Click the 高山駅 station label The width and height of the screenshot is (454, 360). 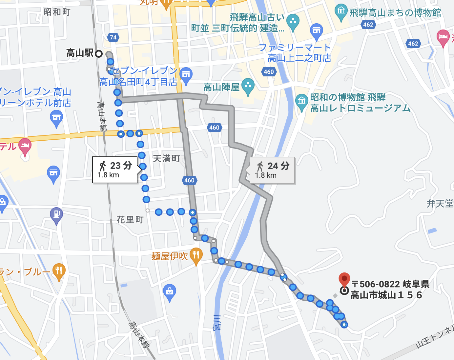pyautogui.click(x=80, y=53)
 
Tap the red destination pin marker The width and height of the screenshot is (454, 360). pyautogui.click(x=344, y=280)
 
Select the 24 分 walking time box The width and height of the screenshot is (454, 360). pyautogui.click(x=272, y=170)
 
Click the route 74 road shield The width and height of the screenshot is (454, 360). pyautogui.click(x=113, y=37)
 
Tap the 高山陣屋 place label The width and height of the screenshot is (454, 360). pyautogui.click(x=221, y=87)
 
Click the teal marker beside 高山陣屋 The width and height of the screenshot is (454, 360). pyautogui.click(x=248, y=86)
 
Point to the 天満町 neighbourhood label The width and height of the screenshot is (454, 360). pyautogui.click(x=166, y=159)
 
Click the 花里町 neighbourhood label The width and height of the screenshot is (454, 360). pyautogui.click(x=130, y=219)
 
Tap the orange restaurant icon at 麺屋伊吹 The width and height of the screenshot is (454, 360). pyautogui.click(x=196, y=255)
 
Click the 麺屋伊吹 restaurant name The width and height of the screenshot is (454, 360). pyautogui.click(x=169, y=256)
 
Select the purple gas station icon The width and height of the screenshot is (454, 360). pyautogui.click(x=56, y=215)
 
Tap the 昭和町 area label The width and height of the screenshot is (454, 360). pyautogui.click(x=57, y=12)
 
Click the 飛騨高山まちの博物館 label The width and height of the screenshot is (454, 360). pyautogui.click(x=395, y=13)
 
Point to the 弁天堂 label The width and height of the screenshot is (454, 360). pyautogui.click(x=440, y=204)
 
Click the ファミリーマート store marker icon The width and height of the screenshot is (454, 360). pyautogui.click(x=316, y=31)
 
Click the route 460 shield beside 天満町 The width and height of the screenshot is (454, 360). pyautogui.click(x=189, y=180)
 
